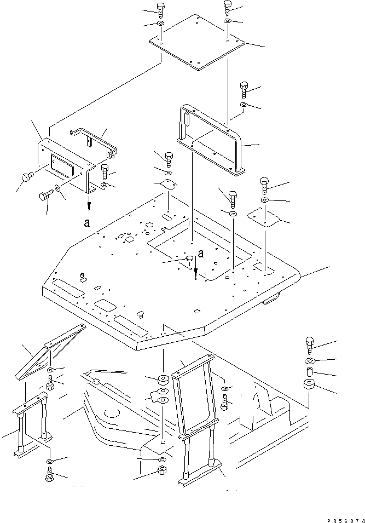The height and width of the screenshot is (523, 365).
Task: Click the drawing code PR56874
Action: coord(346,521)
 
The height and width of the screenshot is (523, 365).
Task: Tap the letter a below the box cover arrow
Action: coord(87,223)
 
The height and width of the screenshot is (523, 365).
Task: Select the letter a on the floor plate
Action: coord(201,254)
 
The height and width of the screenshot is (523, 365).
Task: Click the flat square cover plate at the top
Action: coord(196,42)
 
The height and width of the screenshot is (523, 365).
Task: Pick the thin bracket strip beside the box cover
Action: coord(94,142)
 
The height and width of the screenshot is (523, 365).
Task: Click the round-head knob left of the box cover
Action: coord(27,177)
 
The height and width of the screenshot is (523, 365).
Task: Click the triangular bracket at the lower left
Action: coord(50,352)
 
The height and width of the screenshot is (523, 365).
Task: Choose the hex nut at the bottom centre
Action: coord(163,470)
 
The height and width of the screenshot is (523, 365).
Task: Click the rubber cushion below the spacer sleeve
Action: coord(309,384)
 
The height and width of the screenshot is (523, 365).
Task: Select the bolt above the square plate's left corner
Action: coord(160,10)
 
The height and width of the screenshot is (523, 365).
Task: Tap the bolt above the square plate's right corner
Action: coord(227,8)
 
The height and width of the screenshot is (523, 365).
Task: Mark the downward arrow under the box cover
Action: coord(89,203)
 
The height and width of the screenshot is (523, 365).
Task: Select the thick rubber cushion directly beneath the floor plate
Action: coord(163,380)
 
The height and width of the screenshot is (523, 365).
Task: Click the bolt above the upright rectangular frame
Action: coord(244,89)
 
